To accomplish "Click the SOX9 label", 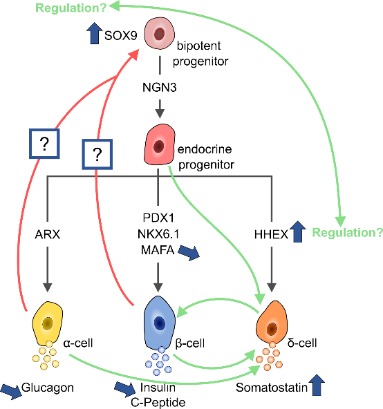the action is [x=120, y=35].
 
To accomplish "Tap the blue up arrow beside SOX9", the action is [x=95, y=33].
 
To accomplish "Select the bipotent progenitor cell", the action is [x=160, y=33].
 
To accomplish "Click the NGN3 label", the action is [x=160, y=87].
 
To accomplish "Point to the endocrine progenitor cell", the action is [x=159, y=144].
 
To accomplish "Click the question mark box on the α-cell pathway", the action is [x=44, y=144].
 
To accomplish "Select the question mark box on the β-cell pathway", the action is [x=97, y=155].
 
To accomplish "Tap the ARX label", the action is [x=48, y=234].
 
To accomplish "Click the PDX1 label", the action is [x=158, y=218].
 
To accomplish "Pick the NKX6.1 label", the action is [x=158, y=234].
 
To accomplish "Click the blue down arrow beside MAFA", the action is [x=189, y=252].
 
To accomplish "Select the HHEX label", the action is [x=271, y=234].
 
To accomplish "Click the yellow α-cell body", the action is [x=47, y=323].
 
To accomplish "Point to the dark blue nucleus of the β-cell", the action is [x=160, y=323].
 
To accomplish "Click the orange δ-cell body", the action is [x=272, y=323].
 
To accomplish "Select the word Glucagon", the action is [x=48, y=388].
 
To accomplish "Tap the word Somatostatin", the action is [x=272, y=388].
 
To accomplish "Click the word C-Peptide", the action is [x=158, y=403].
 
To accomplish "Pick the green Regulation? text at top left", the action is [x=71, y=8].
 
